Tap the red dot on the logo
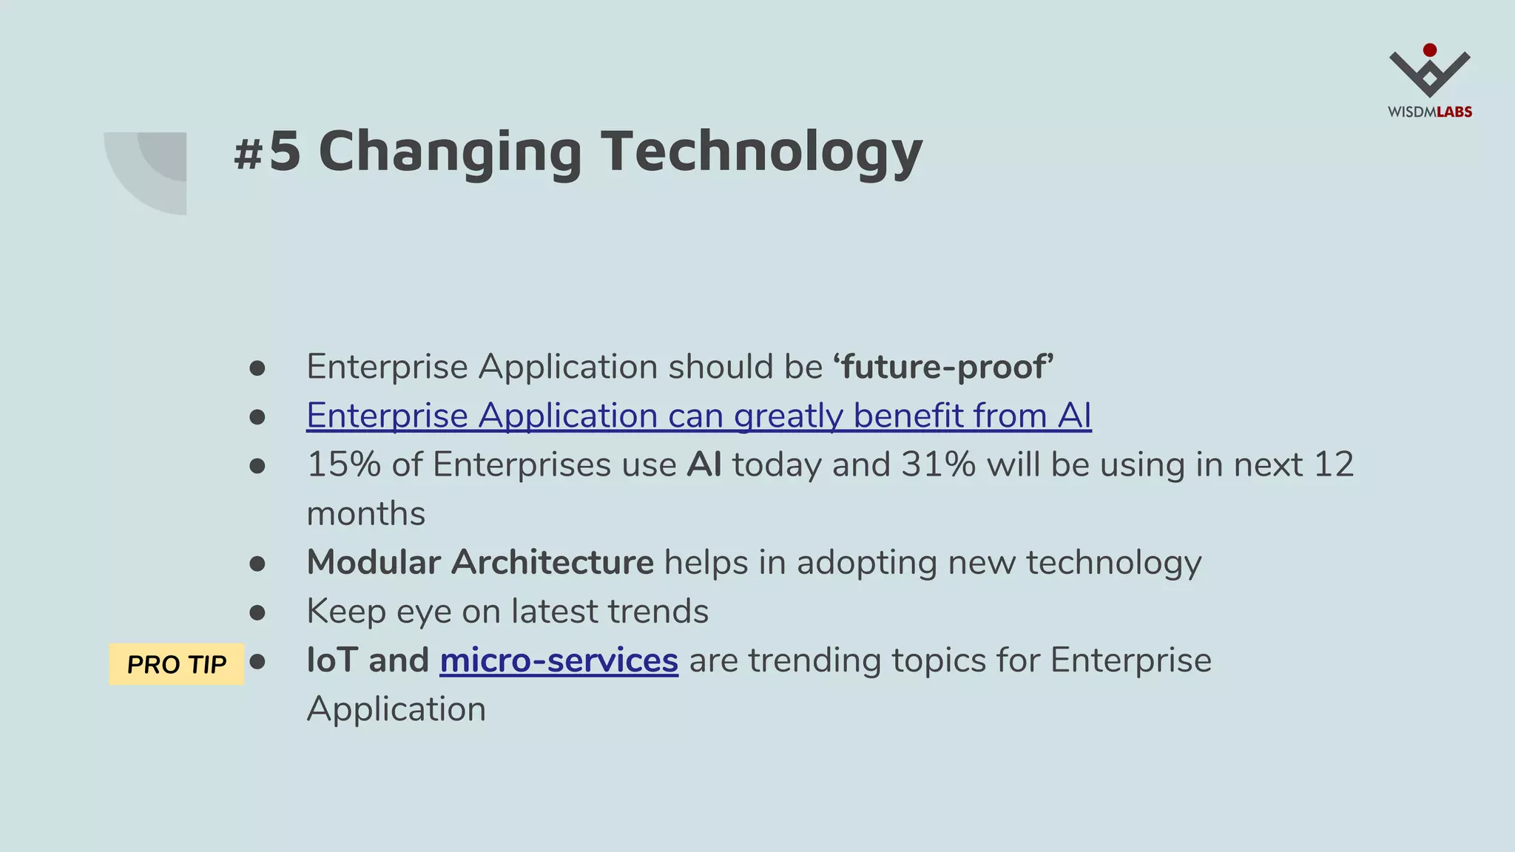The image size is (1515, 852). (1430, 50)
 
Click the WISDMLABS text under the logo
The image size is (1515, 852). (1429, 112)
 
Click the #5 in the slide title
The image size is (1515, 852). (267, 152)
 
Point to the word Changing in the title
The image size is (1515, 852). (450, 152)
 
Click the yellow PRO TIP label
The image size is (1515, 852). (176, 664)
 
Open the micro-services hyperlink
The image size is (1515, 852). (559, 660)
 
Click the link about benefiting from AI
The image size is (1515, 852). (698, 416)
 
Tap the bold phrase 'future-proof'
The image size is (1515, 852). (942, 367)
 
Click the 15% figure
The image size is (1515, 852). (343, 465)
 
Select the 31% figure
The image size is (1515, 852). (938, 465)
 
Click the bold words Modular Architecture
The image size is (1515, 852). (480, 563)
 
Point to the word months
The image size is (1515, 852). (366, 514)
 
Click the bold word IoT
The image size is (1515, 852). (332, 660)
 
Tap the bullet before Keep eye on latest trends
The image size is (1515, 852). (257, 612)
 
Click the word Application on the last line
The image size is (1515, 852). (397, 709)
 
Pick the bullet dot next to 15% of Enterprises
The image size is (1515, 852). (257, 466)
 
